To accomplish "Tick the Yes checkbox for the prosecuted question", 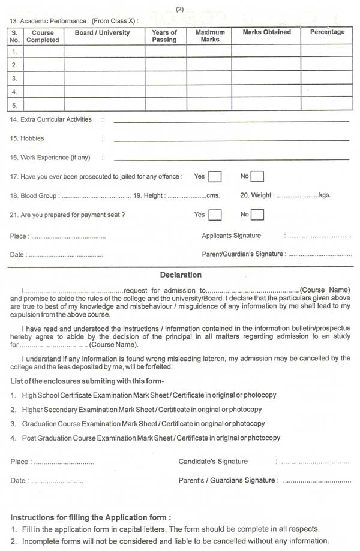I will point(215,176).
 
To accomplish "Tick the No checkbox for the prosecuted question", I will point(257,176).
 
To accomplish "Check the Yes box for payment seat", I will point(215,214).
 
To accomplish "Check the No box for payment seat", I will point(257,214).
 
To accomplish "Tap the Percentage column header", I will point(327,32).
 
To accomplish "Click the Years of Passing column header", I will point(164,36).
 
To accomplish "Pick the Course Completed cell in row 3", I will point(44,79).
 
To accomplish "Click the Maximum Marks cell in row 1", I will point(209,52).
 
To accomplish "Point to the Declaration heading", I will point(181,275).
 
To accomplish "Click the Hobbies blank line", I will point(231,140).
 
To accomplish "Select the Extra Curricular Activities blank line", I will point(231,121).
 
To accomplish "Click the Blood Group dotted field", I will point(96,196).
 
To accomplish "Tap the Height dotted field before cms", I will point(187,196).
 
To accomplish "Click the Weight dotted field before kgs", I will point(297,196).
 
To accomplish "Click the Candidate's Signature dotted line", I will point(316,463).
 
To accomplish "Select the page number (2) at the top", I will point(180,8).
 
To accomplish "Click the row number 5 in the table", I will point(14,105).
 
